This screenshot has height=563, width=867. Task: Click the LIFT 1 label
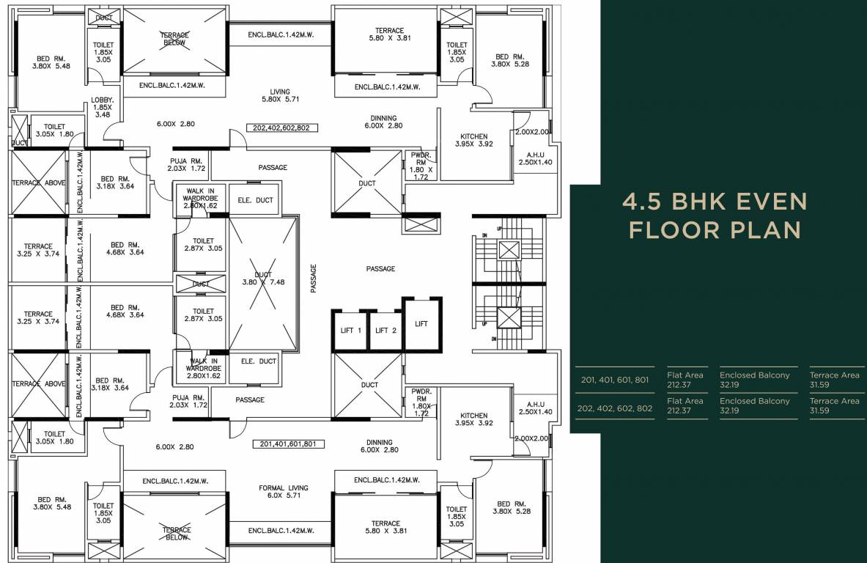click(x=350, y=331)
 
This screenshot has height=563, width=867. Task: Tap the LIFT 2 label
click(x=386, y=331)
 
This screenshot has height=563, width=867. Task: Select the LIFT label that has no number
click(x=421, y=323)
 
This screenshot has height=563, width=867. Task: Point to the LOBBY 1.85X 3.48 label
click(x=103, y=107)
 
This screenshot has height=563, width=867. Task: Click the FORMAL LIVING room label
click(x=284, y=491)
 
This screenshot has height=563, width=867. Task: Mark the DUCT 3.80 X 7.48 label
click(x=262, y=279)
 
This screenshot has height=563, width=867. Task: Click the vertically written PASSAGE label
click(x=314, y=279)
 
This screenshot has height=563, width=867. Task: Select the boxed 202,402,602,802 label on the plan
click(x=281, y=128)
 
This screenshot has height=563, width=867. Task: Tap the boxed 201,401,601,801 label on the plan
click(x=288, y=444)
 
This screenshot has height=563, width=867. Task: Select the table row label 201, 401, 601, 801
click(x=614, y=380)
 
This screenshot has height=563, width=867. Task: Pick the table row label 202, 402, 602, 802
click(x=614, y=408)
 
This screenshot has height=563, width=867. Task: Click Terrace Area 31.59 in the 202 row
click(x=834, y=405)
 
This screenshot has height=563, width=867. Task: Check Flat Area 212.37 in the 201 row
click(x=685, y=380)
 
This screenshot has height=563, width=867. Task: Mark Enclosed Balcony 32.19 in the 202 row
click(x=754, y=405)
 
